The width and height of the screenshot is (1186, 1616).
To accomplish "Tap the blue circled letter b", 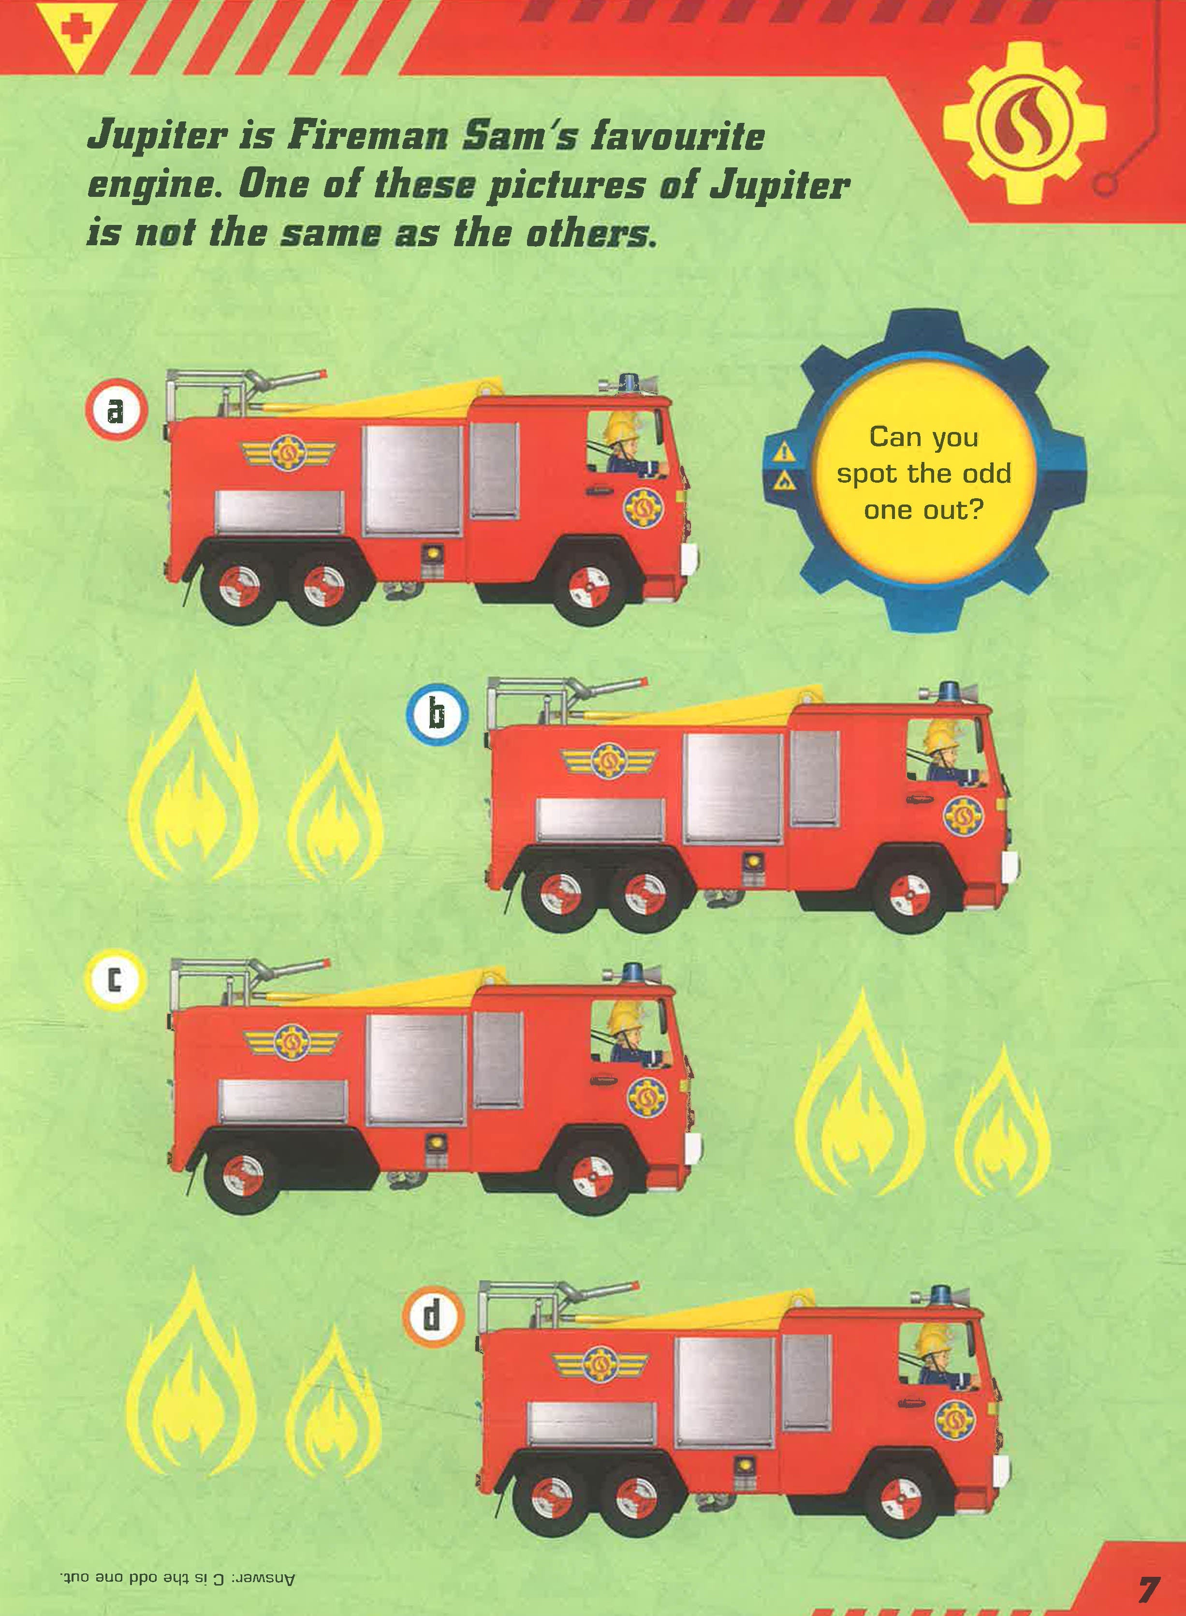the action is [437, 714].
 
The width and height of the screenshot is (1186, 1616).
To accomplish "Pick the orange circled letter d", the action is [434, 1316].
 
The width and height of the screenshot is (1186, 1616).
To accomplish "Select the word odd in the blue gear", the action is [986, 474].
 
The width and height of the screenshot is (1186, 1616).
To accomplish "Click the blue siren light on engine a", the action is [630, 383].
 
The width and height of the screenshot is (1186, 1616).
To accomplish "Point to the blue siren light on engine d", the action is [940, 1294].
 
